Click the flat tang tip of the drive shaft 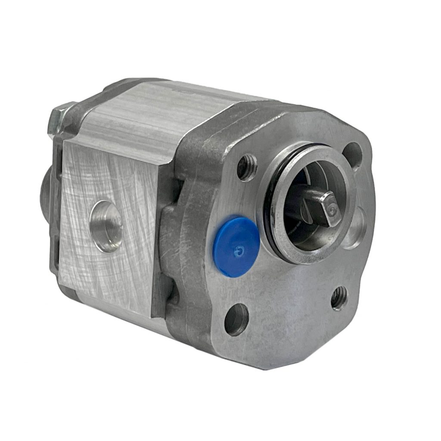click(x=331, y=209)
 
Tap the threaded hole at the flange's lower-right click(x=339, y=298)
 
